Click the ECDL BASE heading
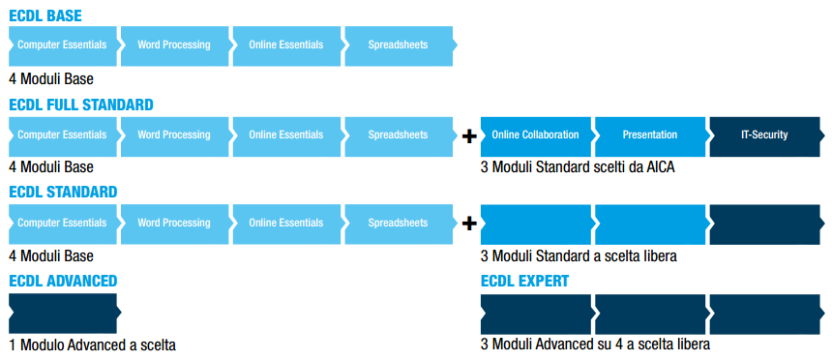point(45,15)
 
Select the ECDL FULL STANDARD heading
point(81,105)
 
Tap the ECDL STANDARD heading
point(63,192)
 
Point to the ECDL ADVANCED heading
point(63,281)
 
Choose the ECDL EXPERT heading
point(524,281)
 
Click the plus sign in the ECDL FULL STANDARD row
point(469,137)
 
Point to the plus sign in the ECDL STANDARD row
point(469,225)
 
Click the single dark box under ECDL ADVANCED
point(65,314)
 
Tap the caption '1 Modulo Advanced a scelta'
point(92,345)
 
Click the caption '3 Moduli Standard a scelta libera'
point(579,255)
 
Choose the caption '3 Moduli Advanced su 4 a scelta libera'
point(595,345)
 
